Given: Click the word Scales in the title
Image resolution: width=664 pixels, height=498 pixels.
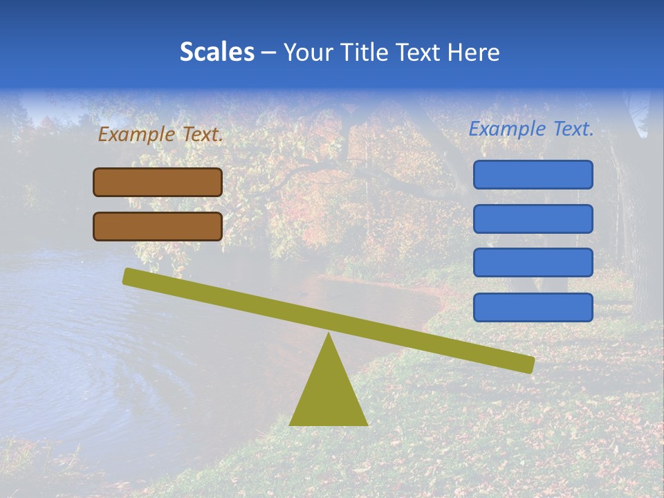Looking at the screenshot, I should [216, 52].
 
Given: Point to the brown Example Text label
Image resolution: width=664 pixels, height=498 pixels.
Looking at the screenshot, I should [160, 135].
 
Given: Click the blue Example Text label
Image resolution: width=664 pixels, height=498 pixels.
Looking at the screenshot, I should [531, 129].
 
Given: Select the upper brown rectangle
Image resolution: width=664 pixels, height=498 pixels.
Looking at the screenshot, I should [158, 183].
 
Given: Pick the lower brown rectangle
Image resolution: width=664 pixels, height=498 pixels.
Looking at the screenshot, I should [158, 227].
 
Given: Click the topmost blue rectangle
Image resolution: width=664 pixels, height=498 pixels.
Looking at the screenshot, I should [533, 174].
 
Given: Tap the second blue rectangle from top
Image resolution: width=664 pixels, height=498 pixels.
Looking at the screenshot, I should [533, 219].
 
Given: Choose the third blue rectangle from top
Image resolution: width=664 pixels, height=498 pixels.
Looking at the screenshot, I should [533, 263].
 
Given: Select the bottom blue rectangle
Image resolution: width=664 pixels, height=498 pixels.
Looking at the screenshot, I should [533, 307].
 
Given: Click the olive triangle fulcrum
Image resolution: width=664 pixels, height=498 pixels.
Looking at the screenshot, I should [329, 394].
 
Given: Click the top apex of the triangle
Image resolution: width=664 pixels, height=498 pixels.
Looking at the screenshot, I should [329, 335].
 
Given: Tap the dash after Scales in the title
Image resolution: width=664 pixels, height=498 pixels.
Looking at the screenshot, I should [268, 52].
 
